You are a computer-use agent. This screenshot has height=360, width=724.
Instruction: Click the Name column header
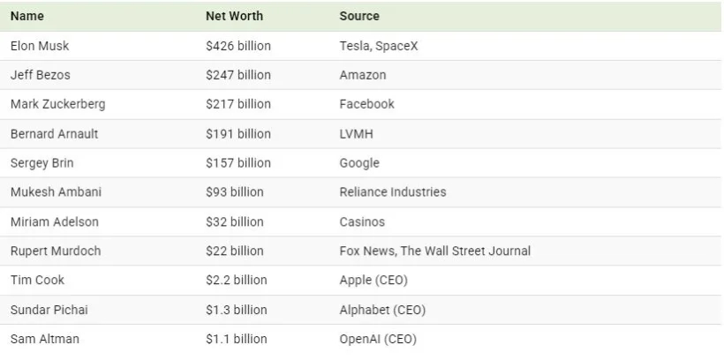coord(27,16)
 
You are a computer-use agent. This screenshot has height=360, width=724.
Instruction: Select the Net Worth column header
coord(234,16)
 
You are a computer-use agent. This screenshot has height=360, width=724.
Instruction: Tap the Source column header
coord(359,16)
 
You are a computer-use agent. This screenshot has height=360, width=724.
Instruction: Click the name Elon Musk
coord(40,46)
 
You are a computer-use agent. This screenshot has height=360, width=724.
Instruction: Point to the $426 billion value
coord(238,46)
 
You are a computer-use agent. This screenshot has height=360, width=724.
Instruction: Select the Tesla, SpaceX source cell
coord(379,46)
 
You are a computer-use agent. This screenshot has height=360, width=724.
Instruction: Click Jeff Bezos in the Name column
coord(40,75)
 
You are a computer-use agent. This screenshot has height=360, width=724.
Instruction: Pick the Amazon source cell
coord(363,75)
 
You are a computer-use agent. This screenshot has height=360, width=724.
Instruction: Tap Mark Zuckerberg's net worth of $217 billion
coord(238,104)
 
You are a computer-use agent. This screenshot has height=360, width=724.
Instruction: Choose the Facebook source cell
coord(366,104)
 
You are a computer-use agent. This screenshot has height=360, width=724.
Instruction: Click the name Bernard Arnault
coord(54,134)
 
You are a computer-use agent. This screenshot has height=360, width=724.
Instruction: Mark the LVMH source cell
coord(356,134)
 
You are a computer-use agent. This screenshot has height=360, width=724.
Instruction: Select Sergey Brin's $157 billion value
coord(238,163)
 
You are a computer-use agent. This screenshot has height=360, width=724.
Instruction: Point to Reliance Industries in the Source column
coord(393,192)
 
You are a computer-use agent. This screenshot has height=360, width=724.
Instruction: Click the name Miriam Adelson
coord(55,221)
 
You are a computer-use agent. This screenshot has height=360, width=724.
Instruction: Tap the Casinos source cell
coord(362,221)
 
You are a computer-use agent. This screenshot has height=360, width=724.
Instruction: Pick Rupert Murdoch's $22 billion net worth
coord(235,251)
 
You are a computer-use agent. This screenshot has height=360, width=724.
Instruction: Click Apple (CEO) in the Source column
coord(373,281)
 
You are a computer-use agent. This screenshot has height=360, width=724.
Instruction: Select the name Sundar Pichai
coord(49,310)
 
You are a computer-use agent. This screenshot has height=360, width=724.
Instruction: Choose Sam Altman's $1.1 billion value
coord(237,339)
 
